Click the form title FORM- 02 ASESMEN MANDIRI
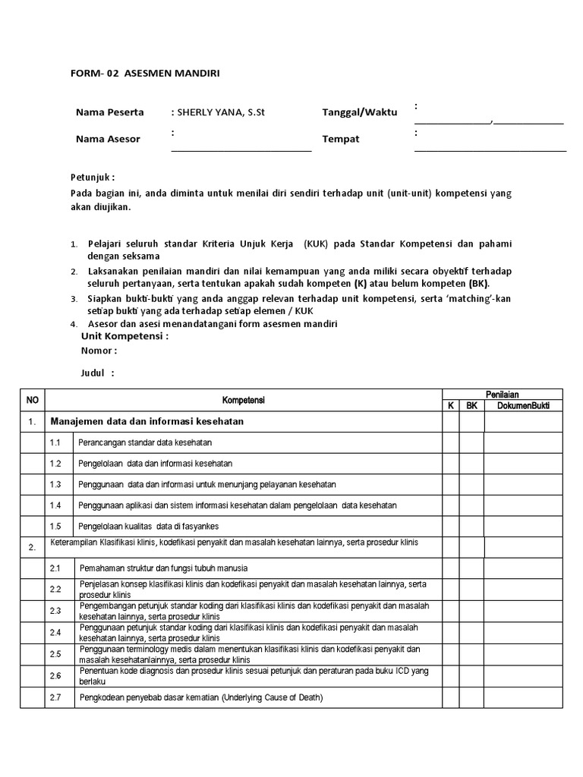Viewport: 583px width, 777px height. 146,73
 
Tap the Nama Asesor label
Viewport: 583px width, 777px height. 108,139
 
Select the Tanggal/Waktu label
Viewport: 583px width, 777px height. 359,112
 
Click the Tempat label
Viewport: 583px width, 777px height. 341,139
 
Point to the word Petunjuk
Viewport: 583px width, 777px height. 92,177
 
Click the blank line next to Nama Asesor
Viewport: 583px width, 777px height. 241,149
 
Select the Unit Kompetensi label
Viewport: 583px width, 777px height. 124,336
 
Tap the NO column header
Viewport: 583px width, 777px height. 33,400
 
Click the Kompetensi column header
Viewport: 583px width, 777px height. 243,400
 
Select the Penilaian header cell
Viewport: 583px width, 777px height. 503,395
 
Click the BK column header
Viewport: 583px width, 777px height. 471,405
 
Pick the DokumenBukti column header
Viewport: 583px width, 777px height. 523,405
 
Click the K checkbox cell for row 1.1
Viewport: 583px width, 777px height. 450,442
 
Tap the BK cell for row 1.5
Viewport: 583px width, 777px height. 471,526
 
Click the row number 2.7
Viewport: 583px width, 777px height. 55,697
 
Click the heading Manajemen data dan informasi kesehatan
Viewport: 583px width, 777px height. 147,420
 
